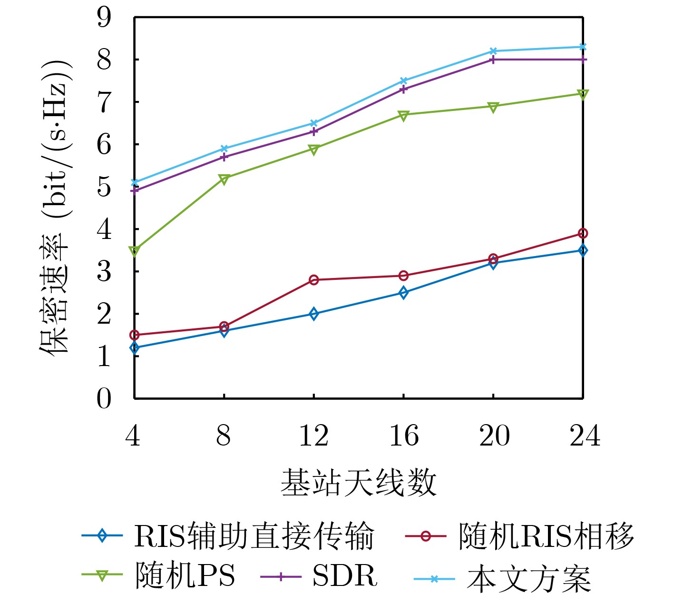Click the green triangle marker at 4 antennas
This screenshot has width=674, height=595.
point(135,250)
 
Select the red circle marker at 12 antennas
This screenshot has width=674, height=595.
point(314,280)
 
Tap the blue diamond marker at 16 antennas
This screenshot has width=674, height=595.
point(403,293)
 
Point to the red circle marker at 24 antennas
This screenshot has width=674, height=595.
point(583,233)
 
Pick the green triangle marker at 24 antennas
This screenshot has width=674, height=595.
point(583,94)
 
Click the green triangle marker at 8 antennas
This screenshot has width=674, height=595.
point(224,179)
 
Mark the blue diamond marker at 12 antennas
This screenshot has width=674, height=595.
point(314,314)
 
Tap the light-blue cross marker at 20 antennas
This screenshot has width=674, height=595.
point(493,51)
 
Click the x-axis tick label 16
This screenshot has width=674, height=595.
point(404,436)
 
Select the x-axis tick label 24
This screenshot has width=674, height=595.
point(585,436)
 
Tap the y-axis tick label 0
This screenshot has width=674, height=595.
point(104,398)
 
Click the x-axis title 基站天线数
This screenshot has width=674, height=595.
point(359,483)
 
